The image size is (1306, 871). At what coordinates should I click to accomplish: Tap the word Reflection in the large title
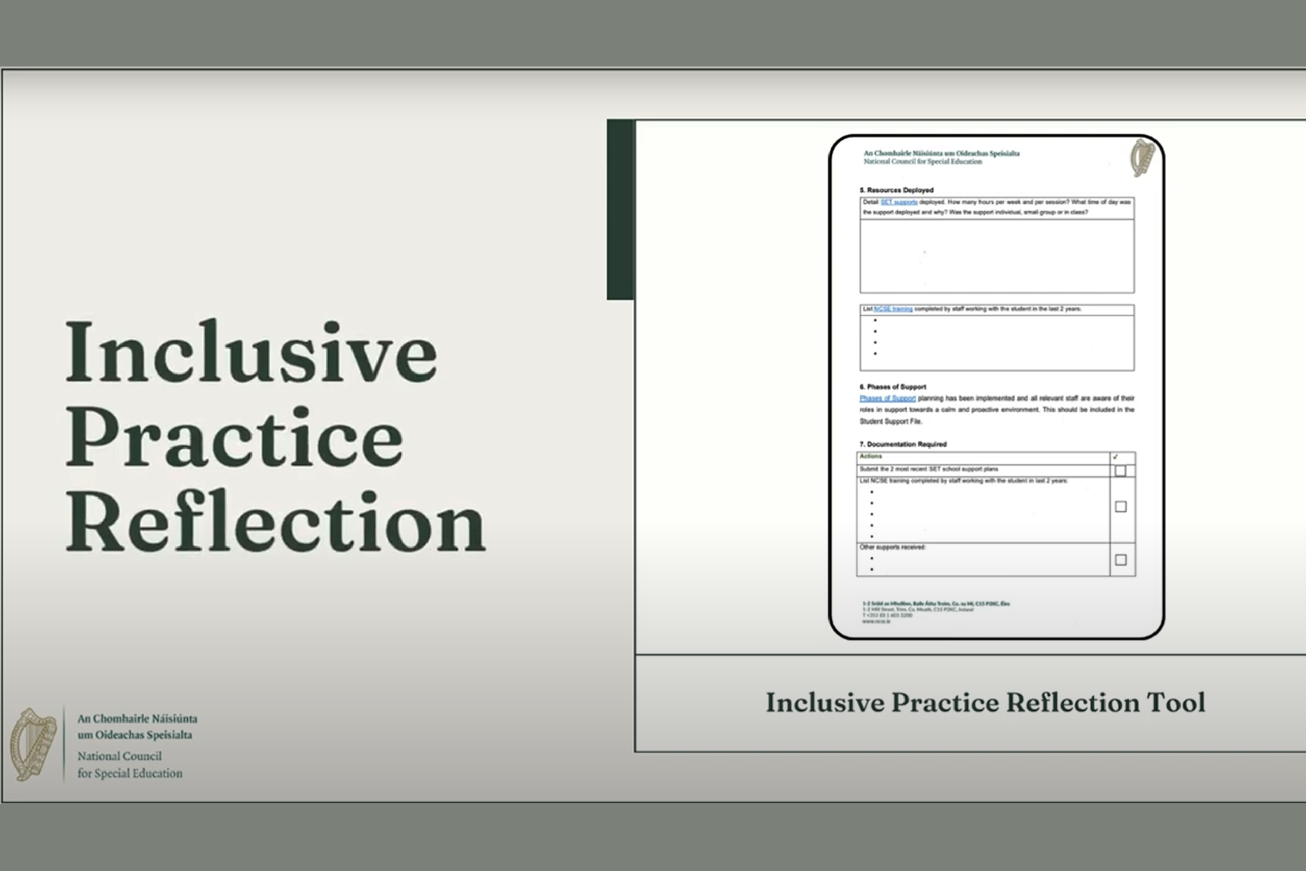point(276,522)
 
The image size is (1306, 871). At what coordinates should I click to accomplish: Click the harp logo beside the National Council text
point(33,744)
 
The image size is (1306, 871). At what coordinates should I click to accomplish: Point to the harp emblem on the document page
point(1142,158)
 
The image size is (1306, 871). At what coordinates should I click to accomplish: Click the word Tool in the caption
point(1176,703)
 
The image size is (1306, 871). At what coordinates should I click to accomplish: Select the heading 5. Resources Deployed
point(896,190)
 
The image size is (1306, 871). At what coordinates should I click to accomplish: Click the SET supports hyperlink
point(898,202)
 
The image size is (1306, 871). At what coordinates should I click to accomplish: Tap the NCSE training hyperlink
point(893,309)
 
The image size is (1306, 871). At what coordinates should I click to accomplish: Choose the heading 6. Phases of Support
point(893,387)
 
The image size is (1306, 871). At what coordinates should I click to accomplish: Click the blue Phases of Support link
point(887,399)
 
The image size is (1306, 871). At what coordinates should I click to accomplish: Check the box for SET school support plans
point(1120,471)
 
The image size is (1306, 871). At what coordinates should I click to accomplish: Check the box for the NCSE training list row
point(1120,507)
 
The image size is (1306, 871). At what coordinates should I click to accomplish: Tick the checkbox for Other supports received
point(1120,560)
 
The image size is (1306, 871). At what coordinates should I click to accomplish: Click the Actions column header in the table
point(871,457)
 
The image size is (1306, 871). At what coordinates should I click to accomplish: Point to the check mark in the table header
point(1115,457)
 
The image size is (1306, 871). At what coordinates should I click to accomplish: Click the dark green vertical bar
point(620,209)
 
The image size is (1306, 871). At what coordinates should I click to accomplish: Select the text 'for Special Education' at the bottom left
point(130,773)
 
